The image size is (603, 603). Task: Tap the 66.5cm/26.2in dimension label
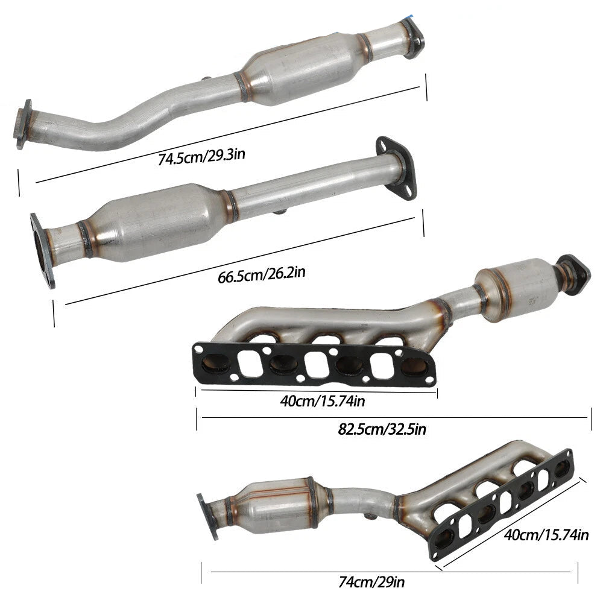[261, 275]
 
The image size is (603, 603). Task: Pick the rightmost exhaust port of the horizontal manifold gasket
[414, 365]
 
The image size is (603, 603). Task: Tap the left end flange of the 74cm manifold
[207, 516]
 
